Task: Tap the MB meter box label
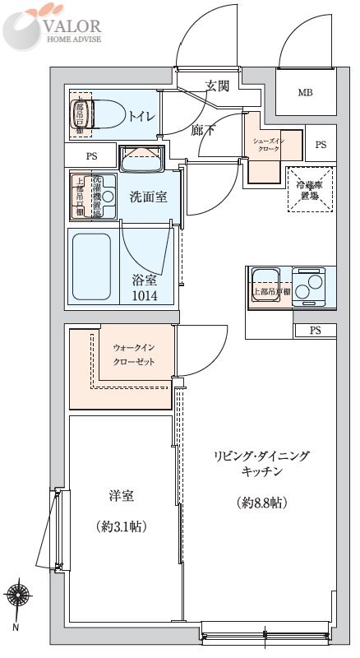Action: (305, 92)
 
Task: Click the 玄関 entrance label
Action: (217, 86)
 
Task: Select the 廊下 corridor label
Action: (202, 129)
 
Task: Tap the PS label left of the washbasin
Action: (91, 155)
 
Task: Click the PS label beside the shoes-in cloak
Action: (321, 145)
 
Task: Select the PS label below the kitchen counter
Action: (316, 331)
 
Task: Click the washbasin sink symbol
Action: (142, 158)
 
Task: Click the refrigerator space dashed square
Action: (311, 190)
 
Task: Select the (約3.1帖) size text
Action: (121, 525)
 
